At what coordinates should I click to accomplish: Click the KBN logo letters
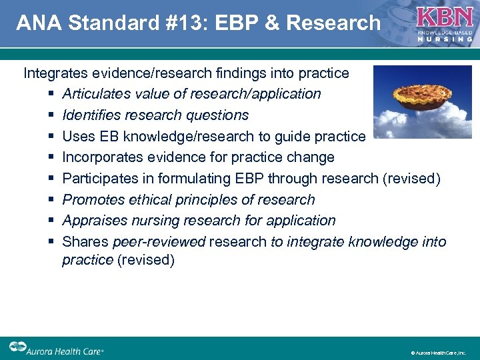coord(445,17)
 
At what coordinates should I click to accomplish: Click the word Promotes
coord(92,199)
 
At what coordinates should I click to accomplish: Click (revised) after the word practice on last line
coord(146,259)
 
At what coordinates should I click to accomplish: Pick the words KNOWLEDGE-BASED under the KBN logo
coord(444,32)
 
